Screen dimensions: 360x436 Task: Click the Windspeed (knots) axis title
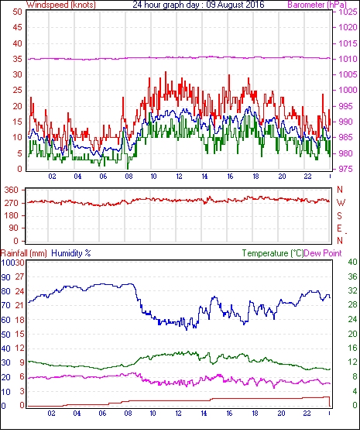click(x=61, y=5)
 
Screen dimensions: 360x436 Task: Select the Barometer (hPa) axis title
click(x=317, y=5)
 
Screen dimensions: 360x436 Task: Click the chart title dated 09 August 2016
click(x=198, y=5)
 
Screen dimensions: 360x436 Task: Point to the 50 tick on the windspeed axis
click(x=17, y=12)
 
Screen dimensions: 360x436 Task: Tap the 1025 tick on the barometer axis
click(x=348, y=12)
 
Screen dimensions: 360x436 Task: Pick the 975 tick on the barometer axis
click(x=346, y=169)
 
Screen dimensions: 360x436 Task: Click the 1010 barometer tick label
click(x=348, y=59)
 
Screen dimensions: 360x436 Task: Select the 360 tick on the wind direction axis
click(x=12, y=191)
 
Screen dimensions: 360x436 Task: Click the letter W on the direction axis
click(x=341, y=203)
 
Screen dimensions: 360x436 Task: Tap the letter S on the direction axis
click(x=339, y=215)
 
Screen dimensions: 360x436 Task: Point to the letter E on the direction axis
click(x=339, y=228)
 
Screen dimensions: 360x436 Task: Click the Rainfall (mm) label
click(x=24, y=253)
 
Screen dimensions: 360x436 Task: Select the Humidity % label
click(x=71, y=253)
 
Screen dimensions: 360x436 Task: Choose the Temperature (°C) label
click(x=273, y=253)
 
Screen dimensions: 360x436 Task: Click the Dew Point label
click(x=323, y=253)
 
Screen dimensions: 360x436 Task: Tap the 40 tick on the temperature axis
click(x=352, y=262)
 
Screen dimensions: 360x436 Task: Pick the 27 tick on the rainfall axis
click(x=19, y=276)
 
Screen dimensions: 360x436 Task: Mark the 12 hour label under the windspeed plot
click(x=179, y=177)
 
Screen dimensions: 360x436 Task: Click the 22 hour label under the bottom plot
click(x=307, y=413)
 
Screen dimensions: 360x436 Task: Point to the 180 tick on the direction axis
click(x=12, y=215)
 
